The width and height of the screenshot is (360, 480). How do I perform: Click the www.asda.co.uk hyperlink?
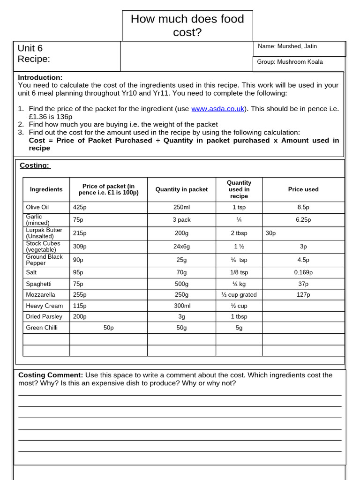click(217, 109)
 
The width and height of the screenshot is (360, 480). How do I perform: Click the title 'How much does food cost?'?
click(187, 25)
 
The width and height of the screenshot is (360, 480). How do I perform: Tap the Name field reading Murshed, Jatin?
click(287, 46)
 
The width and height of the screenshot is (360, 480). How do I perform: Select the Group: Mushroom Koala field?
click(290, 62)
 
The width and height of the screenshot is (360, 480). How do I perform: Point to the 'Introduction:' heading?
click(40, 77)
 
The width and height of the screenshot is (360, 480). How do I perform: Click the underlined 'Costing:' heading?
click(35, 165)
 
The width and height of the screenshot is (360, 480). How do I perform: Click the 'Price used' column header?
click(303, 189)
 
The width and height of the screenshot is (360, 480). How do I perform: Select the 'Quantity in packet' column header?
click(181, 189)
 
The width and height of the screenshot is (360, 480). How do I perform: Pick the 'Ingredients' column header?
click(46, 189)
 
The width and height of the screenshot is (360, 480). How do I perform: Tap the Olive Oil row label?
click(37, 207)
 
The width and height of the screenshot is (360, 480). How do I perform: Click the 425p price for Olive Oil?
click(80, 207)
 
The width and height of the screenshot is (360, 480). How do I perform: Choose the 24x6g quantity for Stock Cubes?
click(181, 247)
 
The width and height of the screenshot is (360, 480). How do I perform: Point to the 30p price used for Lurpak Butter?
click(270, 233)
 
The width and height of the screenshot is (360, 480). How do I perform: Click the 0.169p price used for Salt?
click(303, 272)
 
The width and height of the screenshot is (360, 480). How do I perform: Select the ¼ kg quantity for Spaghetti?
click(239, 284)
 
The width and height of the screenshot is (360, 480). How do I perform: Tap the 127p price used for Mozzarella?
click(303, 295)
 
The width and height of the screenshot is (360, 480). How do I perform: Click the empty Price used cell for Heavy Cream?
click(303, 306)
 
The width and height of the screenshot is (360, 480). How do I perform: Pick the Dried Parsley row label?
click(44, 317)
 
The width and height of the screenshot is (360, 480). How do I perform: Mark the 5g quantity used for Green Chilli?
click(239, 328)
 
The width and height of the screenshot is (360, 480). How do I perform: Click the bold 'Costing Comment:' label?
click(51, 375)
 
